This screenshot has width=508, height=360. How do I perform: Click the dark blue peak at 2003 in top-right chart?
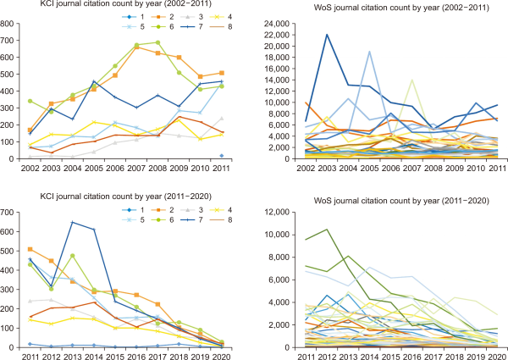326,35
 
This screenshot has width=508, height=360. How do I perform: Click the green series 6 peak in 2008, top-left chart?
157,42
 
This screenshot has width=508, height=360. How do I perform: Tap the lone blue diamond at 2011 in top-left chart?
222,156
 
